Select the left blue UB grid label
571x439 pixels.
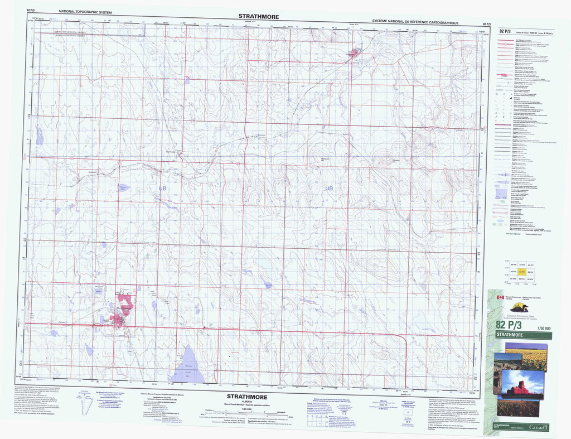[162, 189]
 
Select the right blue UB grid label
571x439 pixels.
[329, 189]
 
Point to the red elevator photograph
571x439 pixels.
[523, 385]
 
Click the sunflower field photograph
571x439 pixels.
[526, 357]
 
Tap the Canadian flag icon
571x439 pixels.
[500, 297]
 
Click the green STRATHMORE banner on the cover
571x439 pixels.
[522, 335]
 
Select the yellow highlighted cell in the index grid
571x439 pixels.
[522, 271]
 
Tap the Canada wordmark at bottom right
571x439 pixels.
[538, 427]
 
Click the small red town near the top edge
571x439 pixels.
[354, 54]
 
